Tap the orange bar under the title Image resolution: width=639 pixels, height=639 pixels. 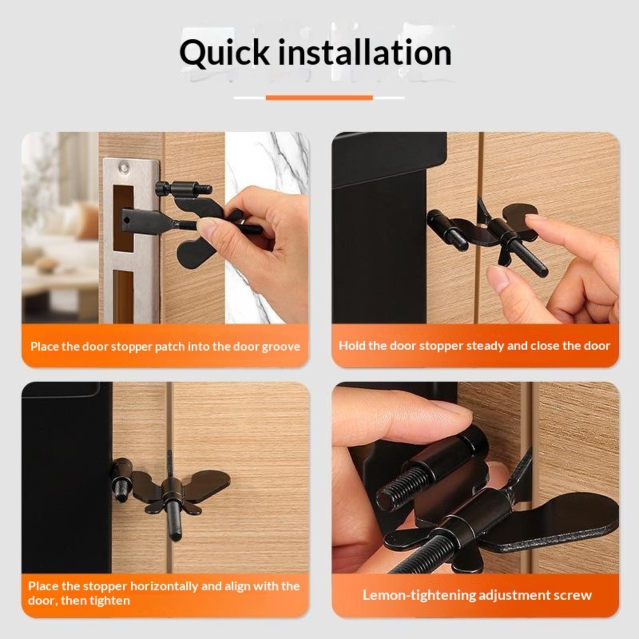[319, 97]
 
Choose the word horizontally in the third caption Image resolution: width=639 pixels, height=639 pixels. [164, 586]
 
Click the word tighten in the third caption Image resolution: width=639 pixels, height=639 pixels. [110, 601]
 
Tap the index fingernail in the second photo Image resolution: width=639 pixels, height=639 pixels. [534, 221]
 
